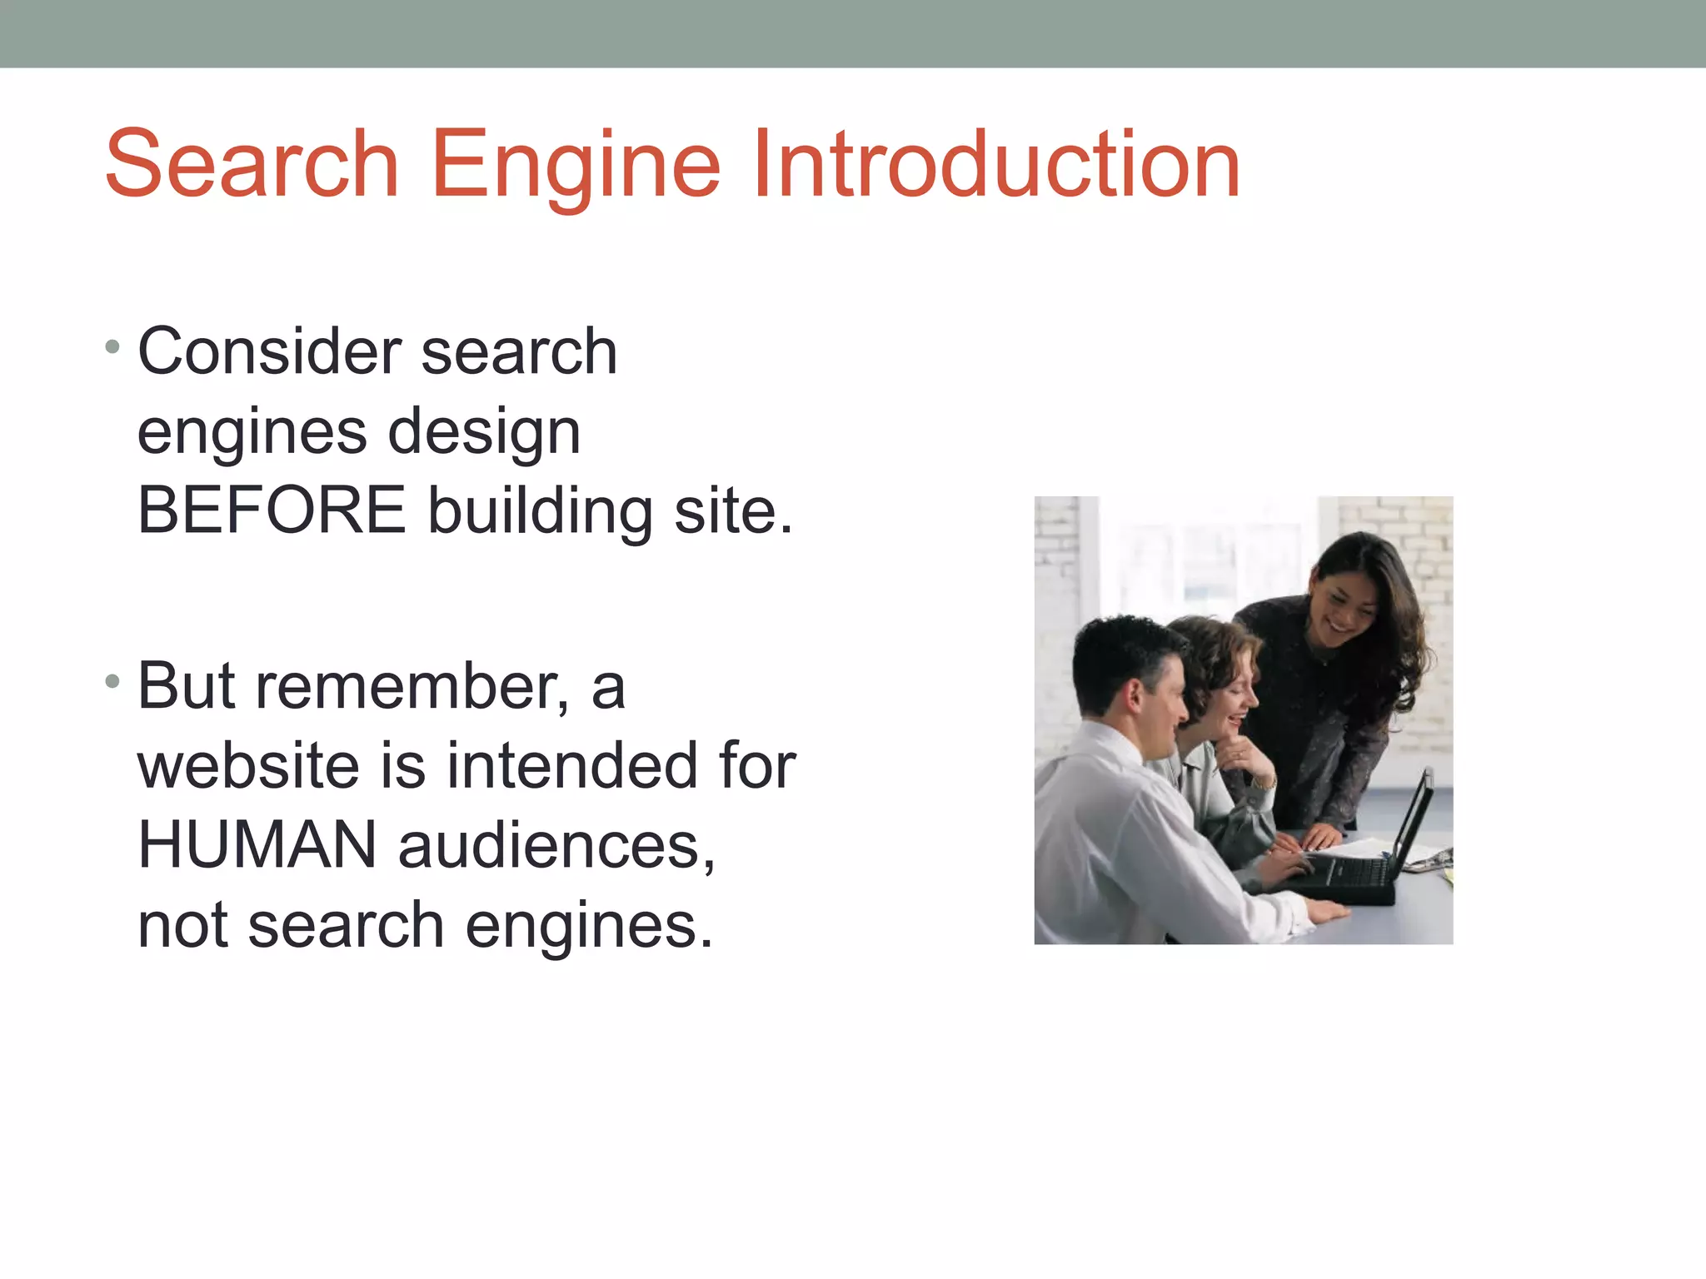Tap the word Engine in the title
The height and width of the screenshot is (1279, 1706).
pyautogui.click(x=576, y=167)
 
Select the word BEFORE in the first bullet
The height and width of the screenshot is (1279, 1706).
pyautogui.click(x=272, y=510)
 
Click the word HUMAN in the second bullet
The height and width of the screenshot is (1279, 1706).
pyautogui.click(x=257, y=844)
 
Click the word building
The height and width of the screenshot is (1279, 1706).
pyautogui.click(x=540, y=510)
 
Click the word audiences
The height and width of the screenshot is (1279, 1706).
pyautogui.click(x=556, y=846)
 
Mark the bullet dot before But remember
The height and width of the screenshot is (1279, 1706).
pyautogui.click(x=113, y=682)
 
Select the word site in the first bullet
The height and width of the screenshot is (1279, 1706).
pyautogui.click(x=732, y=510)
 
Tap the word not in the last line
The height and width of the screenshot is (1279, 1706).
pyautogui.click(x=182, y=925)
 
